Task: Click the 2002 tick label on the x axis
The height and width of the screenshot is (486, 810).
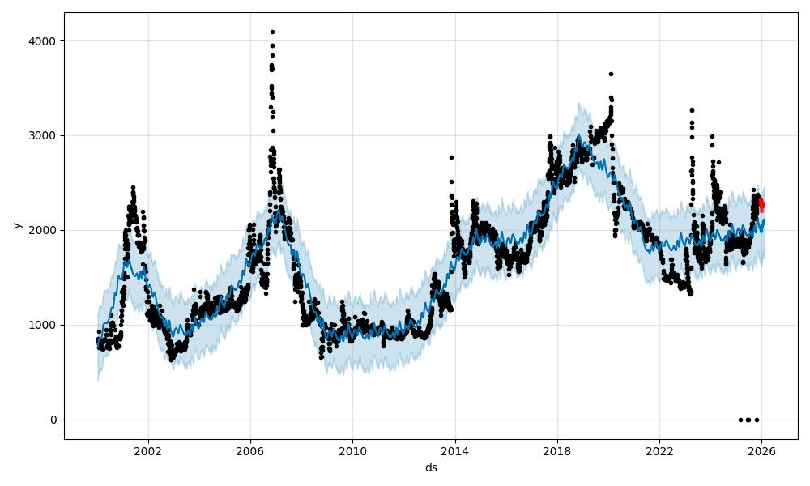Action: pyautogui.click(x=147, y=451)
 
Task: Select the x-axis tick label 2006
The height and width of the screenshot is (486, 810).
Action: pyautogui.click(x=249, y=451)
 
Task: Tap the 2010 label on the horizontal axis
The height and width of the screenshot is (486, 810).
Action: pyautogui.click(x=352, y=451)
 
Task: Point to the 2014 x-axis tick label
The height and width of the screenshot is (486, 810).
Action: pyautogui.click(x=454, y=451)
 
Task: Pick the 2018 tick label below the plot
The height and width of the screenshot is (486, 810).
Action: pyautogui.click(x=556, y=451)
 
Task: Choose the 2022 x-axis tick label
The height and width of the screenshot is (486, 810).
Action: pyautogui.click(x=659, y=451)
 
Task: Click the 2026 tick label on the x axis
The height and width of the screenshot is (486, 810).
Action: pyautogui.click(x=761, y=451)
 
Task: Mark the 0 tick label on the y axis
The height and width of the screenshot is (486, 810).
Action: pyautogui.click(x=53, y=420)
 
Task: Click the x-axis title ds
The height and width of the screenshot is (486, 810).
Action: pyautogui.click(x=431, y=467)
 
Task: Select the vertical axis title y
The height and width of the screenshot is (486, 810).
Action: pyautogui.click(x=15, y=225)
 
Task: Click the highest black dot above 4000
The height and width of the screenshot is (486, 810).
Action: pyautogui.click(x=272, y=32)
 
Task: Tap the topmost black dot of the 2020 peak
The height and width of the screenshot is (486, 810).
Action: pyautogui.click(x=611, y=74)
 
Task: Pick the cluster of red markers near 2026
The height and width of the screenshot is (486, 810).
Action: pyautogui.click(x=761, y=204)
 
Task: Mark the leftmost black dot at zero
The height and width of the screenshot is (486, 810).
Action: pyautogui.click(x=740, y=420)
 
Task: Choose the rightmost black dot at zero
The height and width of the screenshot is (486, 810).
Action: pyautogui.click(x=757, y=420)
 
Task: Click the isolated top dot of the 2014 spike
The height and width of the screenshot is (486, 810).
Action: pyautogui.click(x=451, y=157)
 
